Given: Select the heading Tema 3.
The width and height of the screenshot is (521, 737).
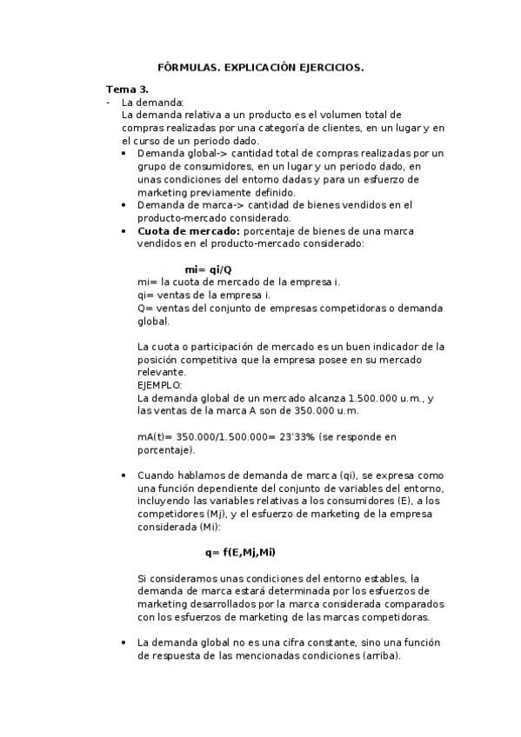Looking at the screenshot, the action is click(127, 90).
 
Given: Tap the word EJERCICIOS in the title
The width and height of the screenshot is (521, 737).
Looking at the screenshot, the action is click(331, 67).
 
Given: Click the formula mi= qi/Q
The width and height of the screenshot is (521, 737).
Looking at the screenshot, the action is click(208, 269).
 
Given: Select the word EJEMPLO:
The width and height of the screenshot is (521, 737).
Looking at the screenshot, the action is click(160, 384).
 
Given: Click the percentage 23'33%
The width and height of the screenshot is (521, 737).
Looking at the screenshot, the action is click(292, 437).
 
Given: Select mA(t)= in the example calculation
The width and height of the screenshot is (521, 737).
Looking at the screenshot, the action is click(155, 437).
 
